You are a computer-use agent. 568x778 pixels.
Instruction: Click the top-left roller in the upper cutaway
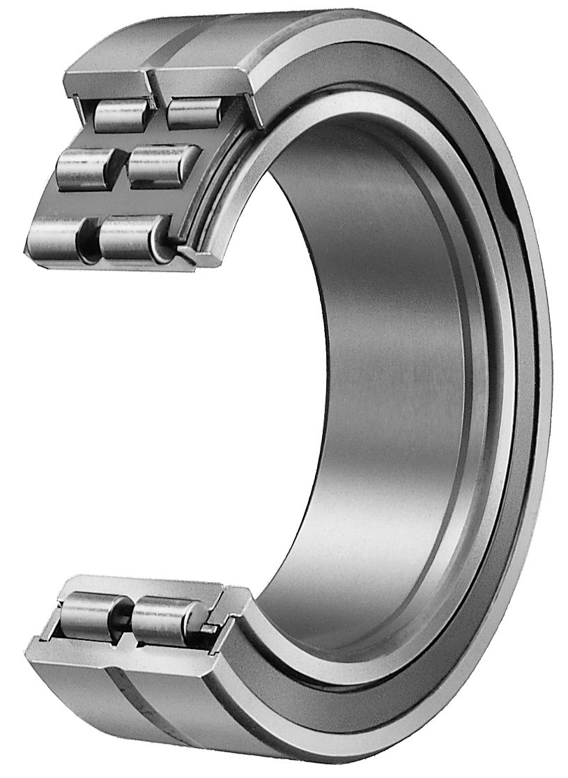tap(120, 115)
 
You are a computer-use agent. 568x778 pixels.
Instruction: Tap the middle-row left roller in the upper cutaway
tap(83, 167)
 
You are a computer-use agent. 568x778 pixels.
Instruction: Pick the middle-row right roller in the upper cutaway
tap(162, 163)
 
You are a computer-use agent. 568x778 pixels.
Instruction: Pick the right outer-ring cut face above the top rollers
tap(202, 78)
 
